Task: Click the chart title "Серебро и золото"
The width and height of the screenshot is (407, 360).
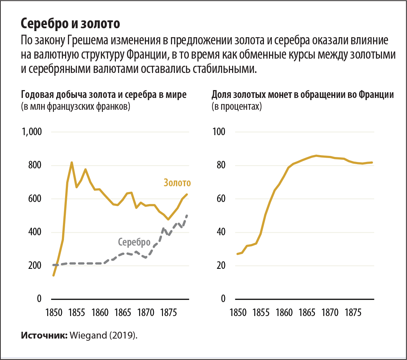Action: (70, 23)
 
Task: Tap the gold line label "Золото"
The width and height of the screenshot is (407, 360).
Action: (177, 183)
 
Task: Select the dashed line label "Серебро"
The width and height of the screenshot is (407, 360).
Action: (134, 242)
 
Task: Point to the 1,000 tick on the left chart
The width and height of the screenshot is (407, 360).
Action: (32, 132)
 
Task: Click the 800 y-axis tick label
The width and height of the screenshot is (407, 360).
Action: (35, 166)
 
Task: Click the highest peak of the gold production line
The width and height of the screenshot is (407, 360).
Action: (72, 163)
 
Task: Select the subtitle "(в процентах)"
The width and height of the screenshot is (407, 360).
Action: (236, 106)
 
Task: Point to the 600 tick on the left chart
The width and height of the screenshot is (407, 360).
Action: (35, 199)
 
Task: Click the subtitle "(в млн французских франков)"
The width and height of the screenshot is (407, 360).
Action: (75, 106)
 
